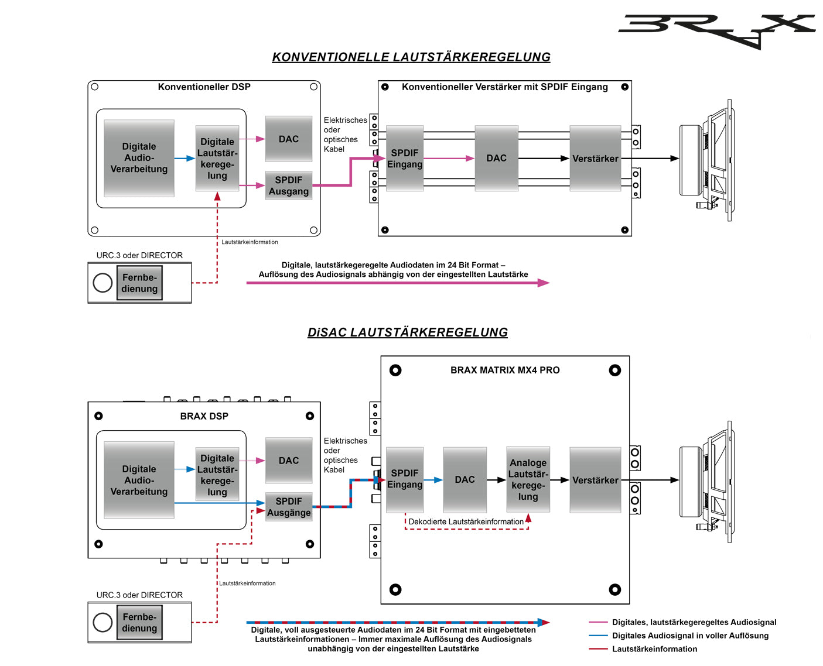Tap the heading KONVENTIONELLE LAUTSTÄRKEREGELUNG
(411, 57)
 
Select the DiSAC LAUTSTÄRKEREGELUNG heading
(408, 332)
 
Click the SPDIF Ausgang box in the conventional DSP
(289, 186)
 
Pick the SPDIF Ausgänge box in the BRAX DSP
(289, 507)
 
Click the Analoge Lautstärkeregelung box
(528, 479)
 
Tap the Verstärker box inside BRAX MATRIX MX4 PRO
(595, 480)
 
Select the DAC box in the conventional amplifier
(496, 158)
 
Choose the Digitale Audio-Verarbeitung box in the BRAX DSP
(139, 480)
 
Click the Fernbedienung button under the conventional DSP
(139, 283)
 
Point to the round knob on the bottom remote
(103, 622)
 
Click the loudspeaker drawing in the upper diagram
(706, 160)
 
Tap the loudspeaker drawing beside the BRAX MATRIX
(706, 481)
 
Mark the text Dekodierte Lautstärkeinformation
(466, 521)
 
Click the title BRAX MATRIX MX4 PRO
(505, 370)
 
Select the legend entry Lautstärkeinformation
(654, 649)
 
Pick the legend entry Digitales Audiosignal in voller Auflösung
(690, 636)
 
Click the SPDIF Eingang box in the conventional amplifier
(405, 158)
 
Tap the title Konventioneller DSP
(204, 87)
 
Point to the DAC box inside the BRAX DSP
(289, 461)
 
